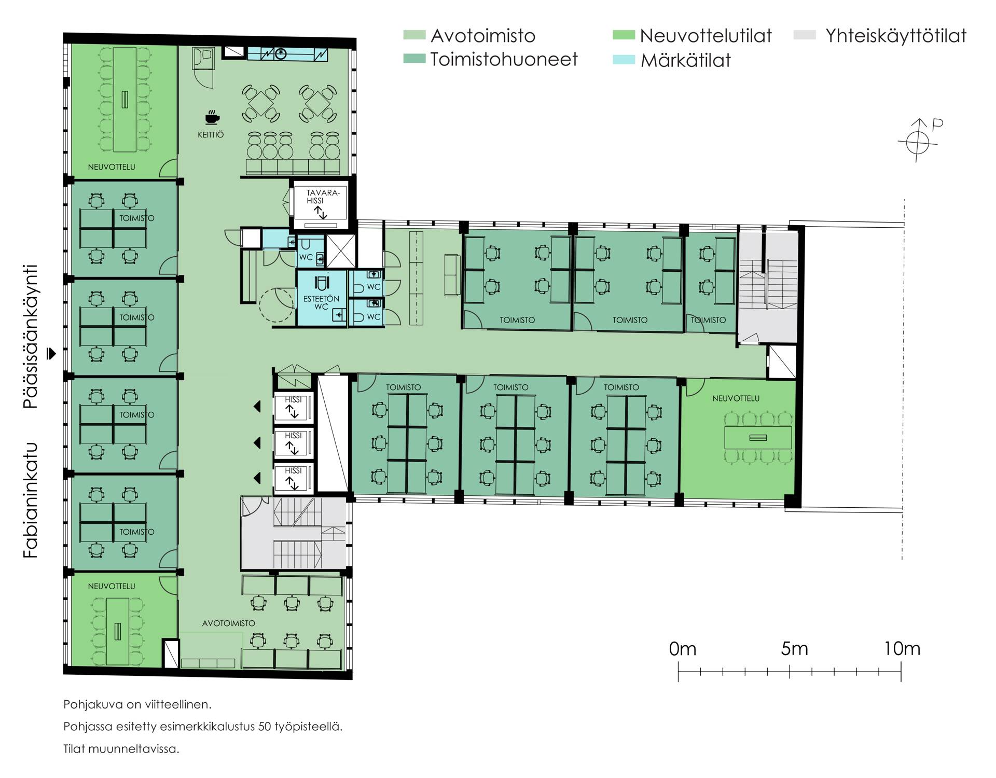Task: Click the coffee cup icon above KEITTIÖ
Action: pyautogui.click(x=211, y=117)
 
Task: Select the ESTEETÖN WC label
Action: pyautogui.click(x=321, y=302)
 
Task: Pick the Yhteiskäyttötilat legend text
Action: pyautogui.click(x=896, y=36)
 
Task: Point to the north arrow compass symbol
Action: pyautogui.click(x=919, y=140)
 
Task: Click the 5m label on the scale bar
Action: pyautogui.click(x=794, y=648)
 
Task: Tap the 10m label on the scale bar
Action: pyautogui.click(x=902, y=648)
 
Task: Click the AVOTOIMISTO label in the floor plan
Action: pyautogui.click(x=228, y=623)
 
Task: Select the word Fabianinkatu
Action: pyautogui.click(x=31, y=500)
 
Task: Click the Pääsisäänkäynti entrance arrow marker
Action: pyautogui.click(x=51, y=353)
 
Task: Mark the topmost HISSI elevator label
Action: pyautogui.click(x=293, y=399)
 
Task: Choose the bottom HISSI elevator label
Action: pyautogui.click(x=293, y=470)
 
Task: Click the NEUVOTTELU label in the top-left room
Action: pyautogui.click(x=112, y=167)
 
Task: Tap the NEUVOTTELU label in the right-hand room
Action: pyautogui.click(x=736, y=398)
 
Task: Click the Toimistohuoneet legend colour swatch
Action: pyautogui.click(x=414, y=59)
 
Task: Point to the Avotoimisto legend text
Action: pyautogui.click(x=483, y=36)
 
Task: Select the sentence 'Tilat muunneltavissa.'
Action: pyautogui.click(x=121, y=749)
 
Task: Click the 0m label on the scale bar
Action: pyautogui.click(x=683, y=648)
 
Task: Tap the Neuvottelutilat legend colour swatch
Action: pyautogui.click(x=624, y=35)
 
